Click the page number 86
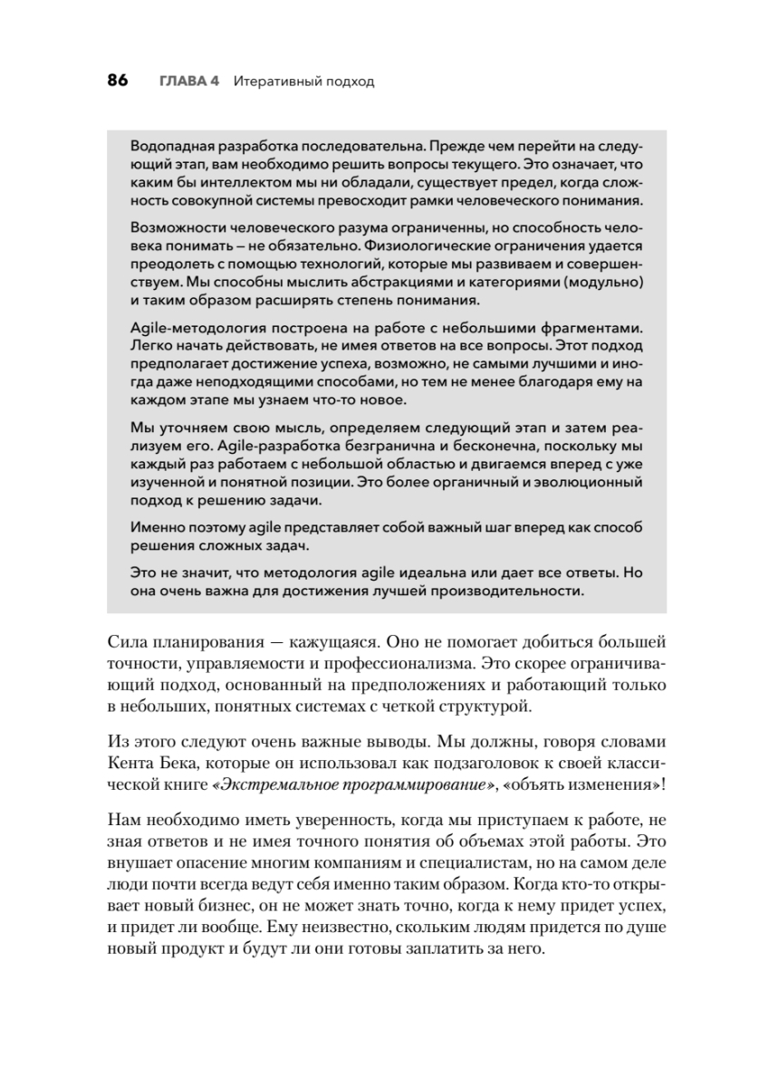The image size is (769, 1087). [118, 81]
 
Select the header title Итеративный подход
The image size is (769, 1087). [303, 81]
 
